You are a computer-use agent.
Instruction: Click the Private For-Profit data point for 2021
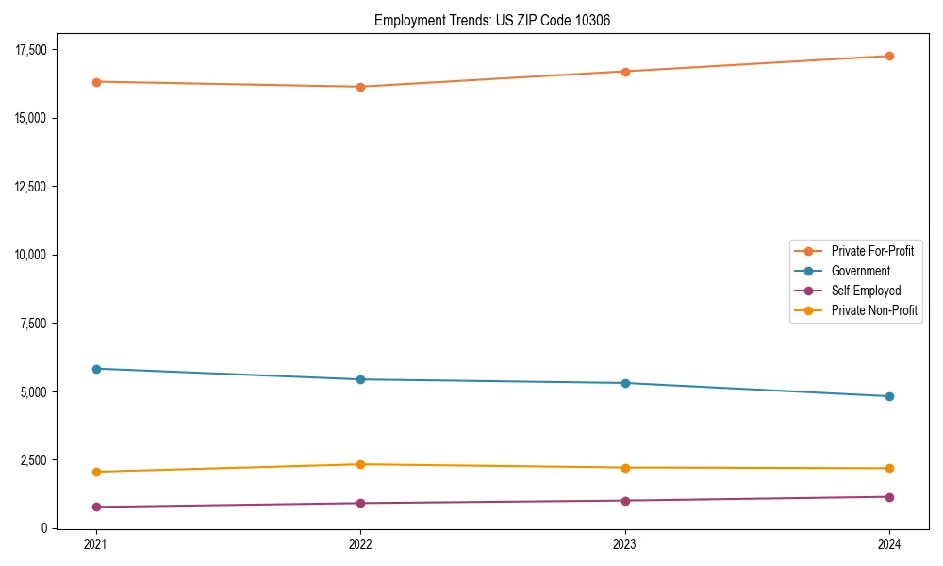coord(95,82)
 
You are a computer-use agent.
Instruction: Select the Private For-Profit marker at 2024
coord(889,56)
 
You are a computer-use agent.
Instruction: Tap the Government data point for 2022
coord(360,379)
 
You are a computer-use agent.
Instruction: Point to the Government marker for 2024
coord(889,396)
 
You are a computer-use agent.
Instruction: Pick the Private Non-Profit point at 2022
coord(360,464)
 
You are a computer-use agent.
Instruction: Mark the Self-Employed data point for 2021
coord(95,507)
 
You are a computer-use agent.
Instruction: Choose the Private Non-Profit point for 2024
coord(889,468)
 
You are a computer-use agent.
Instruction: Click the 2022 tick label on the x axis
coord(360,543)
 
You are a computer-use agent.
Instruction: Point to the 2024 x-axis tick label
coord(889,543)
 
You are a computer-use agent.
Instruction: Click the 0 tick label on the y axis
coord(44,528)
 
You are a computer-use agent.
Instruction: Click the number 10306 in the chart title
coord(592,21)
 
